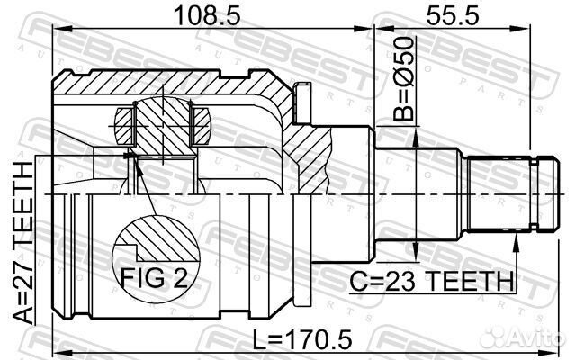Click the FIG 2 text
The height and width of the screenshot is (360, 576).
pos(153,277)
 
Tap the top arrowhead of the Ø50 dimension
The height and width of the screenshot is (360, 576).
pos(415,131)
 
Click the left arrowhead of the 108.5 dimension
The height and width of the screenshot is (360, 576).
pos(59,31)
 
